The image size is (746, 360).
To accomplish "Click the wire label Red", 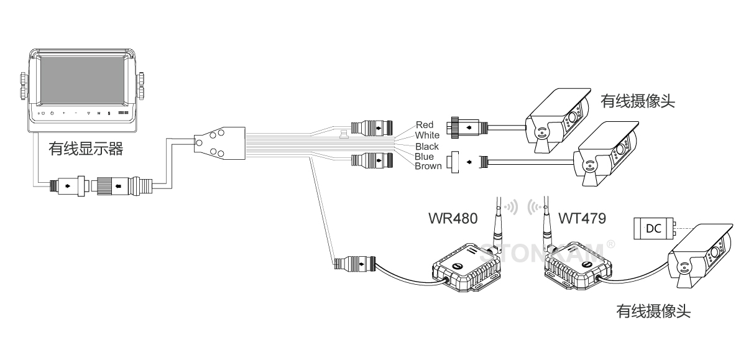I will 425,125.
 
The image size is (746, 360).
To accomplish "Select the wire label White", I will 427,135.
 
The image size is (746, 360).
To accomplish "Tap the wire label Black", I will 427,146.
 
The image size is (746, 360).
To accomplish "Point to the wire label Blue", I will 425,157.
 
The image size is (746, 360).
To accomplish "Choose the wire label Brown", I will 428,166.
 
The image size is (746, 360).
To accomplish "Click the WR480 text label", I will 453,218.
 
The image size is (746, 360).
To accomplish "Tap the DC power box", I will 653,229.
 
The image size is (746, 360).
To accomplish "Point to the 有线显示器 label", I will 86,149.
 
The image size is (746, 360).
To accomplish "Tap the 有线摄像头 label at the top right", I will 638,101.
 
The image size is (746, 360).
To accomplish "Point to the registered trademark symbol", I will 610,244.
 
